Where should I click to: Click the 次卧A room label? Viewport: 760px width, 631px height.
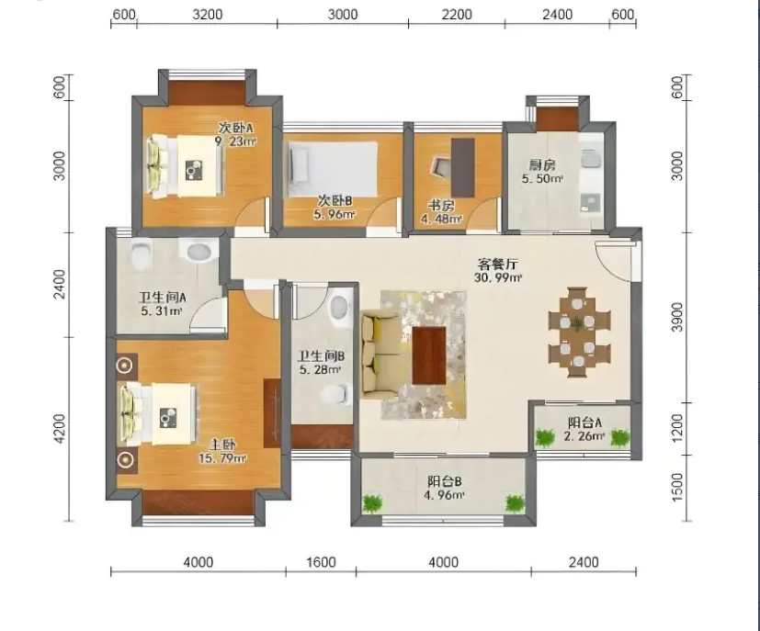[235, 129]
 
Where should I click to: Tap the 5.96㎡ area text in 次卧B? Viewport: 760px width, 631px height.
[335, 214]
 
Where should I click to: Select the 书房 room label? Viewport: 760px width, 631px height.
[440, 206]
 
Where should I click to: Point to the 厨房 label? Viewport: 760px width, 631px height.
[542, 165]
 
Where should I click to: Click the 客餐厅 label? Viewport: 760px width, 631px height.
[498, 265]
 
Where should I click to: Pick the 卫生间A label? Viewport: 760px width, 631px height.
[163, 298]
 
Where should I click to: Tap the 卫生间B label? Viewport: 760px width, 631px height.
[322, 357]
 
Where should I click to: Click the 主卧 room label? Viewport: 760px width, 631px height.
[222, 445]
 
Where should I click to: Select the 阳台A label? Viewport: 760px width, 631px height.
[584, 423]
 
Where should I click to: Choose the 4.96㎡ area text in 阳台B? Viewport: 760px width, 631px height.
[444, 495]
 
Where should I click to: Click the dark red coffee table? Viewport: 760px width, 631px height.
[429, 355]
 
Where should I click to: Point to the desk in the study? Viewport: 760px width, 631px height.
[463, 167]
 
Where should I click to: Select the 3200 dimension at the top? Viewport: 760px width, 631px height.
[208, 15]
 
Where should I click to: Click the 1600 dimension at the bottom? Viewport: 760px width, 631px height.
[322, 562]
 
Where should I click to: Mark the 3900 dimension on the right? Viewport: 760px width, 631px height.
[678, 317]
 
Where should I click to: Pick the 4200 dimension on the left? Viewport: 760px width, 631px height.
[59, 428]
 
